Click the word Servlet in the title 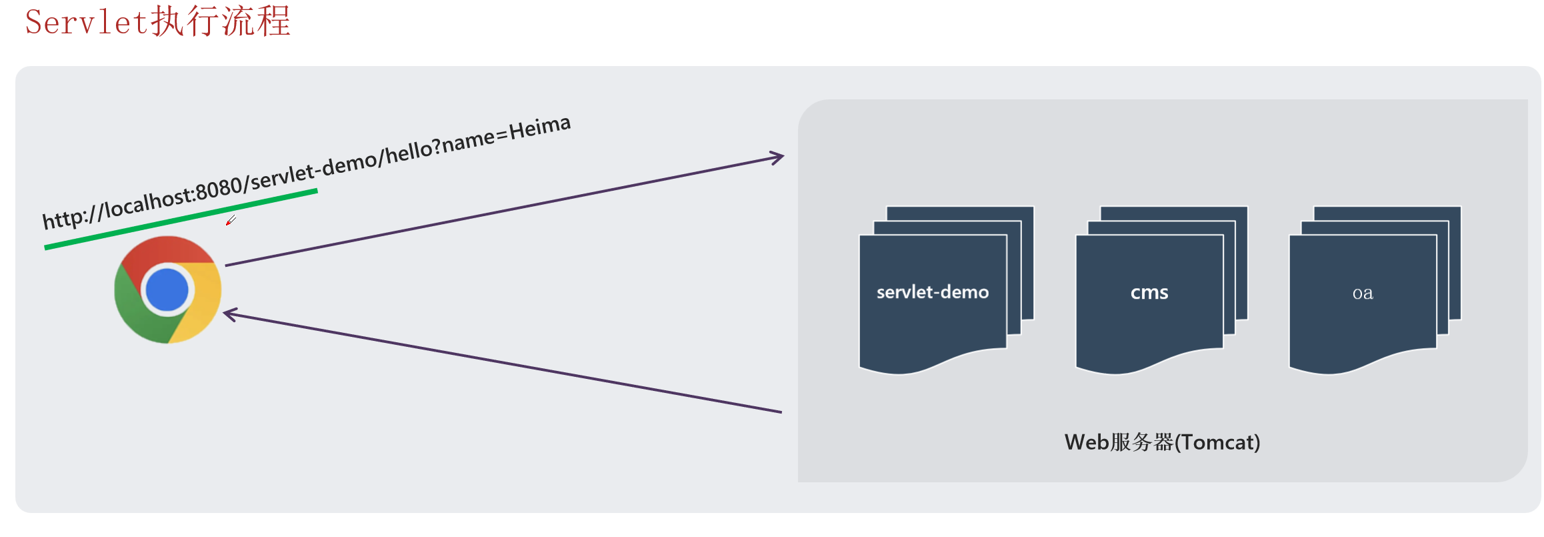pos(86,22)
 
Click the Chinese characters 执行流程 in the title pos(221,21)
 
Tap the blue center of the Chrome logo pos(167,290)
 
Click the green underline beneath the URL pos(180,219)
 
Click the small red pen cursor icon pos(231,220)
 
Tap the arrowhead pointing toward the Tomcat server pos(777,158)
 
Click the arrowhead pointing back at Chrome pos(229,314)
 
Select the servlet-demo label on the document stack pos(932,292)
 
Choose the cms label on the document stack pos(1149,293)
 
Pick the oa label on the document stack pos(1363,294)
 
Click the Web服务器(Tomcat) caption pos(1162,442)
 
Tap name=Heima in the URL pos(507,133)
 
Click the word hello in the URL pos(410,151)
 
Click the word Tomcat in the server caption pos(1217,442)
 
